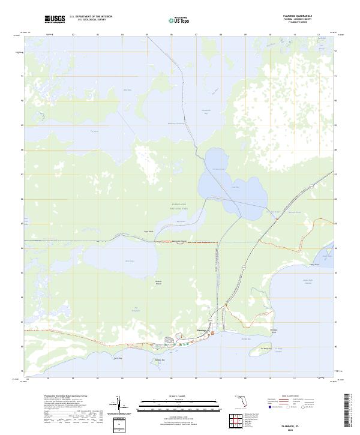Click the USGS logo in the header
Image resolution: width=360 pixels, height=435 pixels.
point(55,20)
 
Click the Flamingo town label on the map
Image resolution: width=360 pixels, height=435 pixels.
point(202,330)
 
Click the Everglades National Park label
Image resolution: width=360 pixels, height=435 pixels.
point(179,205)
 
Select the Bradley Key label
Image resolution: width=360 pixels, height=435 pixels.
point(159,360)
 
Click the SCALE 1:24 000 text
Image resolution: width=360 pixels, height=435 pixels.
point(152,396)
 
